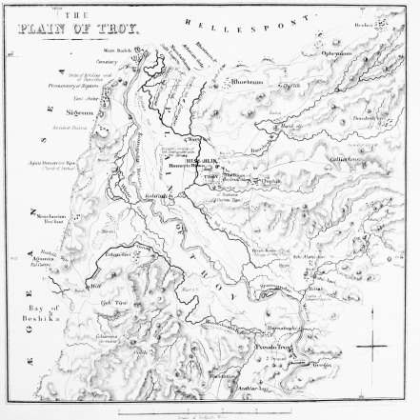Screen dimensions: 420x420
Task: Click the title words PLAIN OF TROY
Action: pos(76,30)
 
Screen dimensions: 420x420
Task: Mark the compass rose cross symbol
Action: pos(372,347)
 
